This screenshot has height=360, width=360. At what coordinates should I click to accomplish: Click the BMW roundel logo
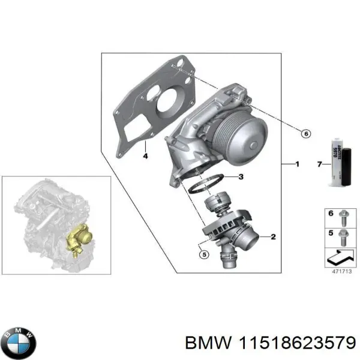[x=19, y=342]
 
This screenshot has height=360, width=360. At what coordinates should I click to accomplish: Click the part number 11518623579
[x=295, y=343]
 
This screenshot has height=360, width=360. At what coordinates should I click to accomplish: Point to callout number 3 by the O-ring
[x=240, y=177]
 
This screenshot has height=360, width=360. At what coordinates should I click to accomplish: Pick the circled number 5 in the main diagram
[x=203, y=255]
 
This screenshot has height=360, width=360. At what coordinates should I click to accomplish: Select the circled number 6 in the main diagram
[x=305, y=134]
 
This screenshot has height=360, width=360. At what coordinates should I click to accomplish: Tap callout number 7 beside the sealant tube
[x=319, y=163]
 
